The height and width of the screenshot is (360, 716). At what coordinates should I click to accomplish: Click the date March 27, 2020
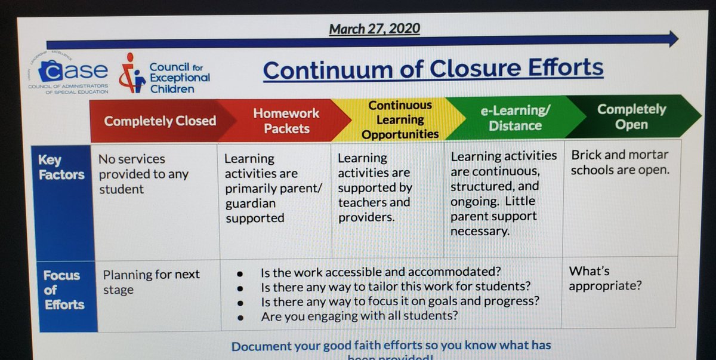pyautogui.click(x=374, y=29)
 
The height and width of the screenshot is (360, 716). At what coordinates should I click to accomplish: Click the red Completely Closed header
pyautogui.click(x=159, y=121)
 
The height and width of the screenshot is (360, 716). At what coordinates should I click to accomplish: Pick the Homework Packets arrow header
pyautogui.click(x=286, y=120)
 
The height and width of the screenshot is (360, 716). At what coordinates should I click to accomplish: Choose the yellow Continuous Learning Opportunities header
pyautogui.click(x=400, y=119)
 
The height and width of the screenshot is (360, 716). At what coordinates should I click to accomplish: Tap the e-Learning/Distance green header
pyautogui.click(x=515, y=118)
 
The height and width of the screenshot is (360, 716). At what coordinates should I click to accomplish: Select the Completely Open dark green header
pyautogui.click(x=631, y=116)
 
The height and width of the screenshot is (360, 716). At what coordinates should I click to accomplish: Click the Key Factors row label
pyautogui.click(x=61, y=168)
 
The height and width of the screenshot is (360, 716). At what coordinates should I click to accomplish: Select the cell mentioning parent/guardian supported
pyautogui.click(x=273, y=188)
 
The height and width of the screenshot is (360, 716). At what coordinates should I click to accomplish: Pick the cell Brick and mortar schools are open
pyautogui.click(x=620, y=162)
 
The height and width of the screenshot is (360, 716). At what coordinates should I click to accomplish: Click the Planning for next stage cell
pyautogui.click(x=152, y=282)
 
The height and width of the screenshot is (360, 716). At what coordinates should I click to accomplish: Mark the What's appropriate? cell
pyautogui.click(x=605, y=278)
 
